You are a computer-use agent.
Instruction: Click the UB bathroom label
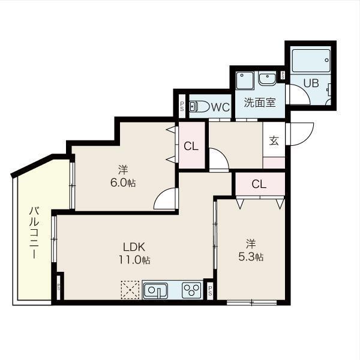pyautogui.click(x=310, y=83)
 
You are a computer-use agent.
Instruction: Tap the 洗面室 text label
pyautogui.click(x=259, y=102)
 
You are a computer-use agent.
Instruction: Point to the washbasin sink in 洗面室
pyautogui.click(x=267, y=79)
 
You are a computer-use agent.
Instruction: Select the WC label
pyautogui.click(x=220, y=107)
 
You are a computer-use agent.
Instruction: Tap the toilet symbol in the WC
pyautogui.click(x=199, y=107)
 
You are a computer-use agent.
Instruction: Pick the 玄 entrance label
pyautogui.click(x=274, y=141)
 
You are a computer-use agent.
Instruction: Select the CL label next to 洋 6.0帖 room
pyautogui.click(x=191, y=146)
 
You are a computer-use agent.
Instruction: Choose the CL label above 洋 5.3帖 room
pyautogui.click(x=259, y=184)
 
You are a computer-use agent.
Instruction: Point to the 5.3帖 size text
pyautogui.click(x=251, y=257)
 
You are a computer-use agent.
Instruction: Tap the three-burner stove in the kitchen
pyautogui.click(x=191, y=290)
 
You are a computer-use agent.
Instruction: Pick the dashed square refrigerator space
pyautogui.click(x=130, y=289)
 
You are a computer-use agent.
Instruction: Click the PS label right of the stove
pyautogui.click(x=210, y=290)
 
